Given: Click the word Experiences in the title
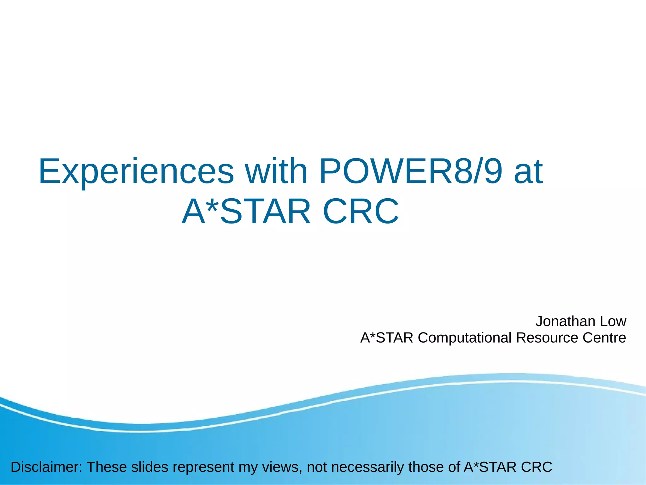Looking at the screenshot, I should pyautogui.click(x=136, y=172).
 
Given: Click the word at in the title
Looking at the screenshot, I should pyautogui.click(x=528, y=172).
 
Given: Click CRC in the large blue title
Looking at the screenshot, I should pyautogui.click(x=361, y=211).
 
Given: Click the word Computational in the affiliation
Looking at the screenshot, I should pyautogui.click(x=464, y=338).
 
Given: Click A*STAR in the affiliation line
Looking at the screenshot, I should pyautogui.click(x=387, y=338).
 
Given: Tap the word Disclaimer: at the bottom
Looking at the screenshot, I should pyautogui.click(x=46, y=467).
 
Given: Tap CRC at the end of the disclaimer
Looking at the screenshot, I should pyautogui.click(x=536, y=467).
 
